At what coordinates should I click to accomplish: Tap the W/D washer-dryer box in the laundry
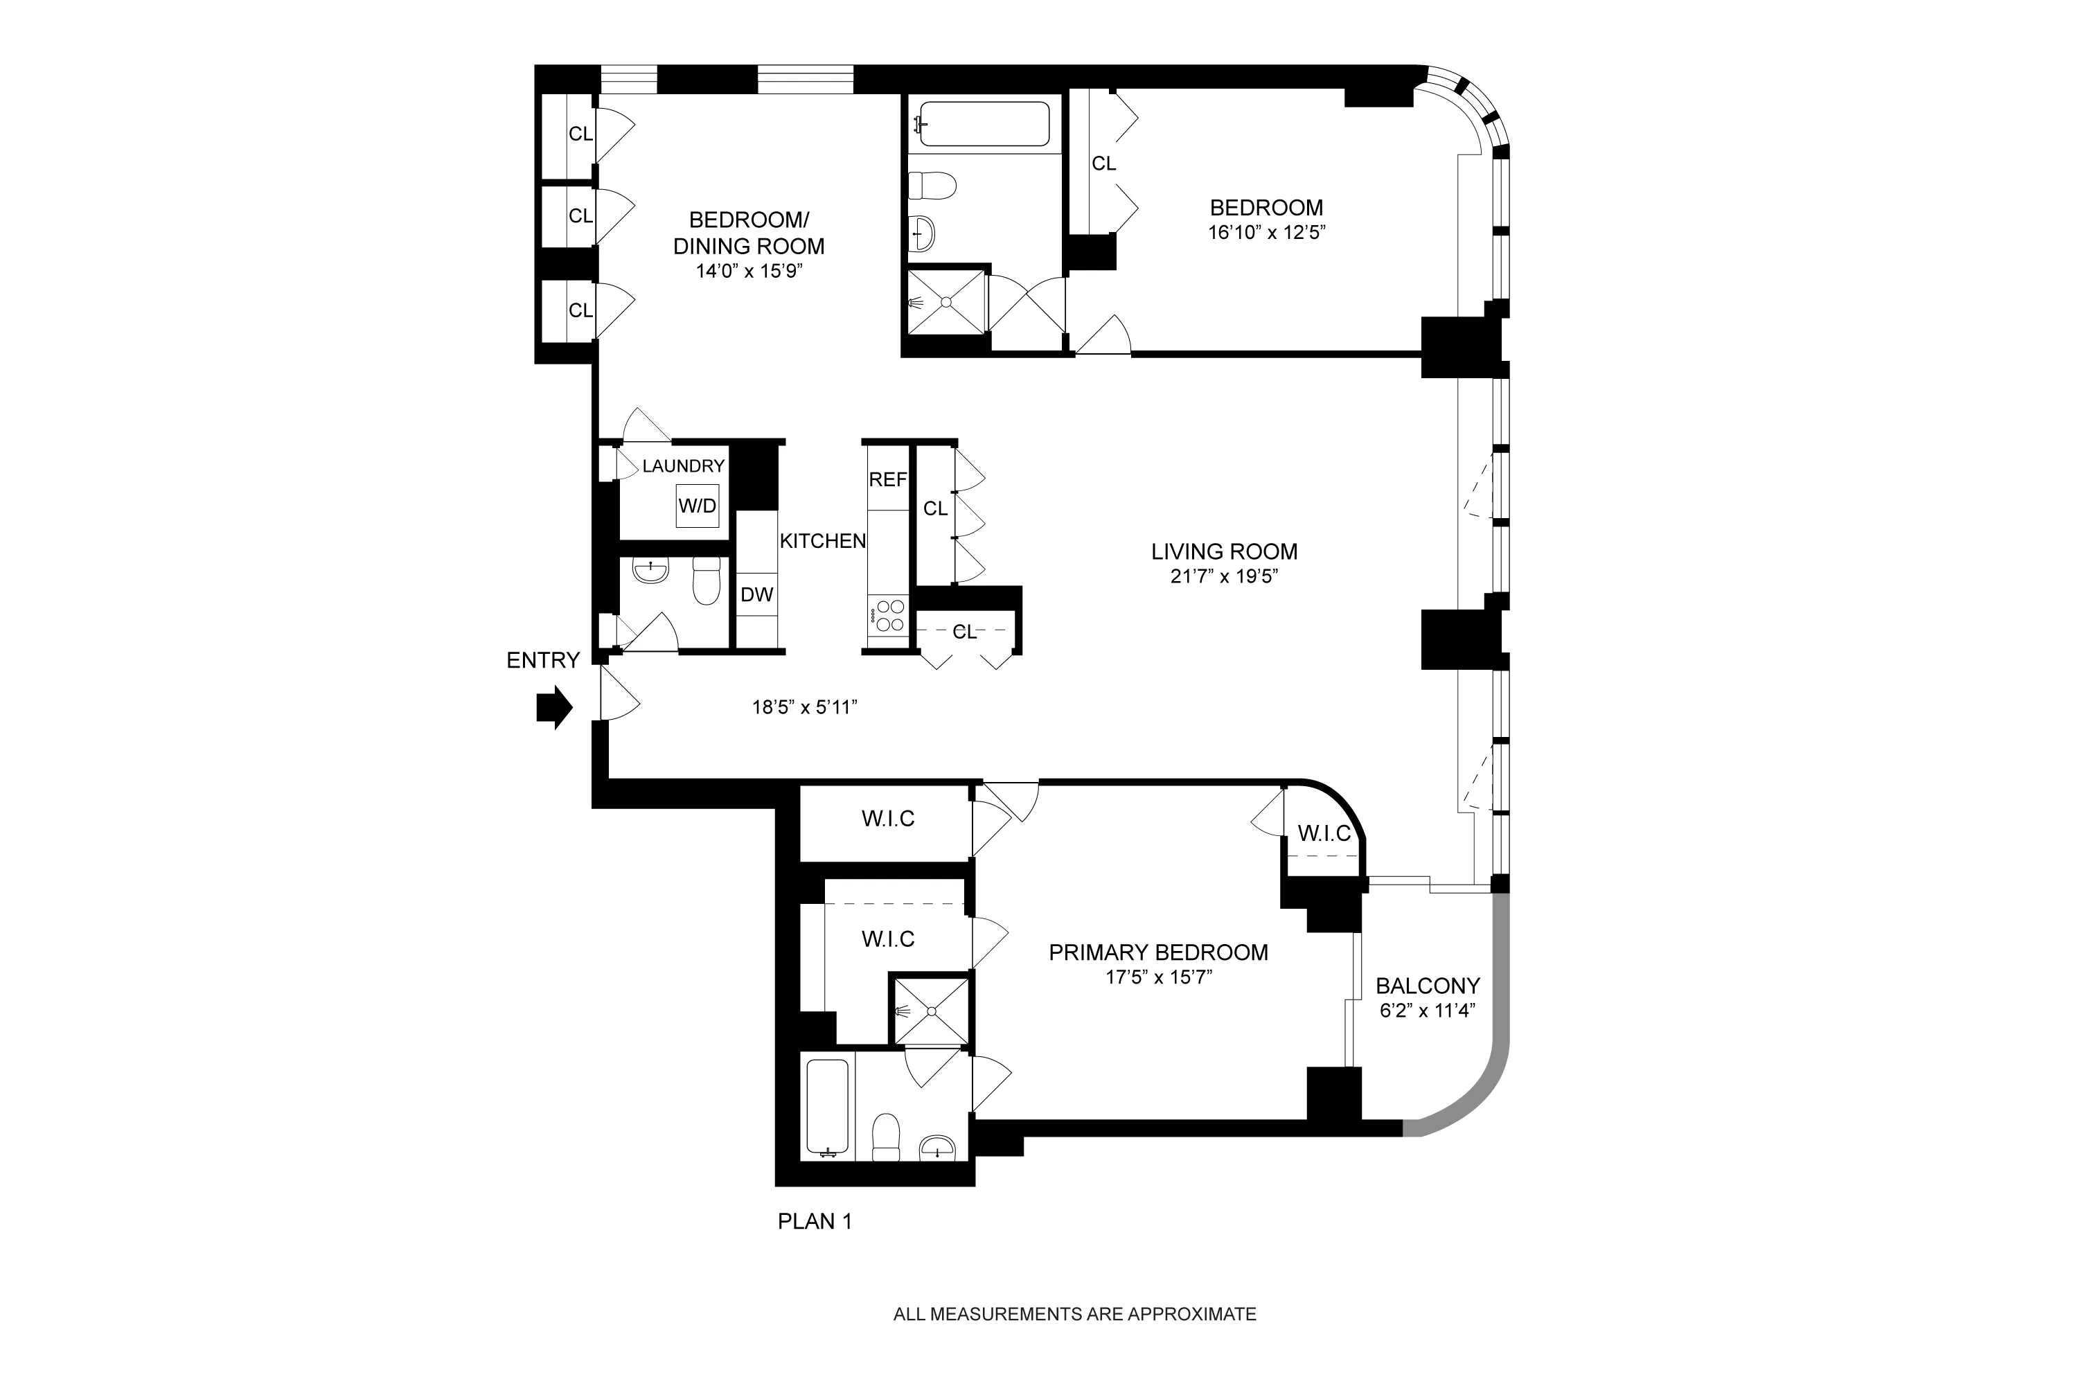coord(698,506)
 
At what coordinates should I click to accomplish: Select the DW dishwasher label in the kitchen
coord(756,595)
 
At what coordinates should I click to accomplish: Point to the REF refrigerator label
coord(887,479)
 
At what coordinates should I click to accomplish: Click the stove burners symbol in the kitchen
coord(887,616)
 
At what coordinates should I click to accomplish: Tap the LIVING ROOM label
coord(1224,551)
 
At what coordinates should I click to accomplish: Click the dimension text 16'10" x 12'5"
coord(1267,233)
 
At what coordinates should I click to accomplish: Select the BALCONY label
coord(1428,986)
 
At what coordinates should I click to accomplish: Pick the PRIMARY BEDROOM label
coord(1158,952)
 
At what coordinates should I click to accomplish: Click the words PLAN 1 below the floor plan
coord(814,1222)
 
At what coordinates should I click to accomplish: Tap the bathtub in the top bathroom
coord(984,124)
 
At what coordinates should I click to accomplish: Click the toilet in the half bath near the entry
coord(707,582)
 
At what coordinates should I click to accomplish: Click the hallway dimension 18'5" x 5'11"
coord(804,707)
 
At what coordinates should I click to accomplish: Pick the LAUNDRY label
coord(683,466)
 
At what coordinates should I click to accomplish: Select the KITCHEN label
coord(822,541)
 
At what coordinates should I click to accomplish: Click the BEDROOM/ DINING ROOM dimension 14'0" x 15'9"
coord(749,271)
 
